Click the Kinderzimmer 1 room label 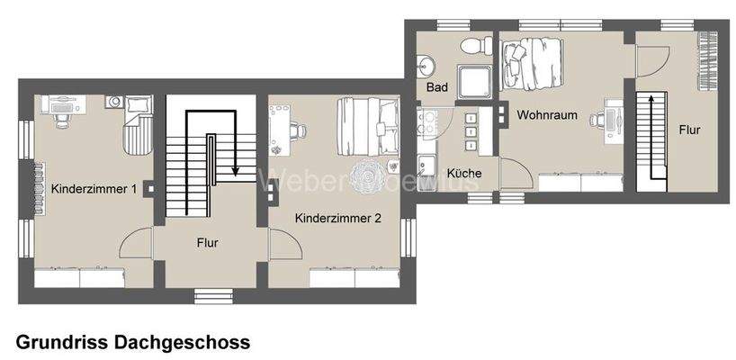94,190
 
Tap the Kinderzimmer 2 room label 337,218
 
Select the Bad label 437,87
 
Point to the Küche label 463,173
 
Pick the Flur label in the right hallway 690,130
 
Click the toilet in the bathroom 472,47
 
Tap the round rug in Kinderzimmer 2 369,171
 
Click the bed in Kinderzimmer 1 137,130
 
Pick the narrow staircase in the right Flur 647,139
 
